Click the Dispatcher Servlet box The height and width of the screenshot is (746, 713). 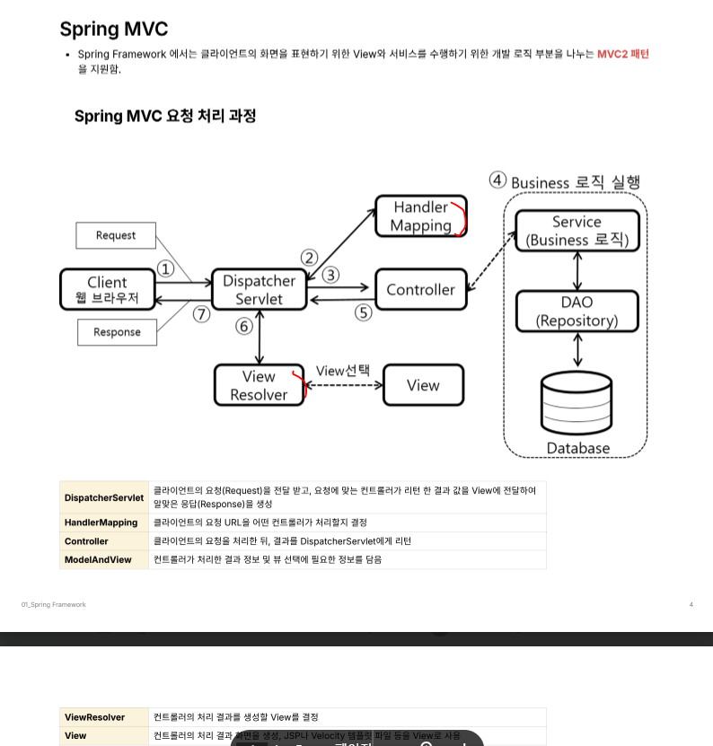tap(260, 290)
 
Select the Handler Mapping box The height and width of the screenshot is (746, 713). tap(420, 216)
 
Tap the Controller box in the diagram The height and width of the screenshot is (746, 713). tap(420, 289)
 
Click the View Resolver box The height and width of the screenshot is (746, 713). tap(259, 385)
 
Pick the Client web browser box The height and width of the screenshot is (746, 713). tap(108, 289)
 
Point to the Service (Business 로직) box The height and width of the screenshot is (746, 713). tap(577, 231)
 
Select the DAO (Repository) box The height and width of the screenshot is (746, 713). tap(577, 312)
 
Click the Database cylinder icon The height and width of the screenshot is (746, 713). tap(577, 403)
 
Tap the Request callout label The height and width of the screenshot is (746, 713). tap(116, 235)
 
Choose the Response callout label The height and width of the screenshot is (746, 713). tap(117, 332)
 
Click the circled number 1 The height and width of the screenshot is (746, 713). tap(165, 268)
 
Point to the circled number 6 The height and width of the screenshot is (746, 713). tap(244, 327)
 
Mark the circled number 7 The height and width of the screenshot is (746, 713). tap(201, 314)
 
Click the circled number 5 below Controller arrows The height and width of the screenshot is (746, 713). tap(364, 312)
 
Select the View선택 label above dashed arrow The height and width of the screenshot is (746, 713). tap(342, 371)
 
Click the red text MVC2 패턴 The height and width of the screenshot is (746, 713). tap(622, 54)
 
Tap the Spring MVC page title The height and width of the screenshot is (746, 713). tap(113, 29)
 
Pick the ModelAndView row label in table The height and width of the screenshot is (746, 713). tap(98, 559)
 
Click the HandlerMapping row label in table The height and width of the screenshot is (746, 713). tap(101, 522)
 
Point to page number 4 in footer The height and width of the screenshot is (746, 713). tap(691, 605)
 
